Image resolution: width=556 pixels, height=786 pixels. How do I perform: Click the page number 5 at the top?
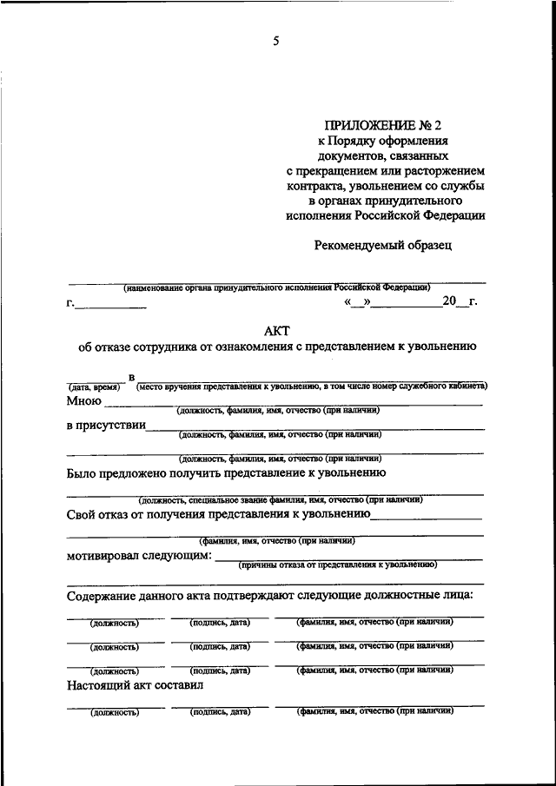tap(275, 39)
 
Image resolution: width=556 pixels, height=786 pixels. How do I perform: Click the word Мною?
tap(83, 401)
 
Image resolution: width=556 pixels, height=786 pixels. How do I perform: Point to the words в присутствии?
tap(105, 426)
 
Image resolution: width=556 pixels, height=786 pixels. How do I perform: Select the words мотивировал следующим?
tap(139, 556)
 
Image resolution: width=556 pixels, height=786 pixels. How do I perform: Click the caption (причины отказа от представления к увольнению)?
tap(337, 565)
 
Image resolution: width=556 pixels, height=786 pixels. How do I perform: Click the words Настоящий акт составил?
tap(134, 684)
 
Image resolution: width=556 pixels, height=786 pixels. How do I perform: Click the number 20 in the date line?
tap(448, 302)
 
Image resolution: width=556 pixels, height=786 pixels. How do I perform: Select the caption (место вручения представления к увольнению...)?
tap(311, 386)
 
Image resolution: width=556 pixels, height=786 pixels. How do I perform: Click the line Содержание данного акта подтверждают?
tap(269, 595)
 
